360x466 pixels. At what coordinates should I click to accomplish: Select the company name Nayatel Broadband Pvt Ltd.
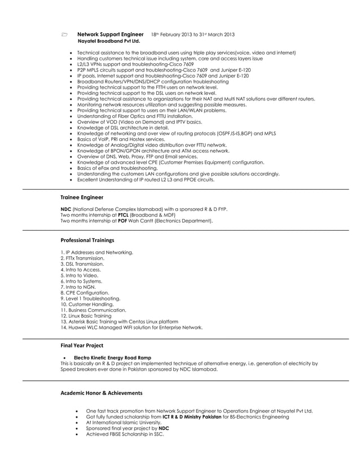click(x=108, y=42)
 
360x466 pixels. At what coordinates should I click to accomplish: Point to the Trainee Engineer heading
click(x=82, y=197)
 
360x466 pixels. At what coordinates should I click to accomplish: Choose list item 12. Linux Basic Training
click(x=86, y=316)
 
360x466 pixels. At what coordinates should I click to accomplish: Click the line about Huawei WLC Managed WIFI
click(x=131, y=327)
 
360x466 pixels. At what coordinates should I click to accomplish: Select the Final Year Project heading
click(x=82, y=345)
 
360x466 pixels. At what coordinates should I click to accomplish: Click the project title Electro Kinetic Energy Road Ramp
click(x=112, y=358)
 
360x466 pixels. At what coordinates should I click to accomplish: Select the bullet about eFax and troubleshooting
click(x=117, y=168)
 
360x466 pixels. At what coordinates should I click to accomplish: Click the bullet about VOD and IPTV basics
click(x=139, y=122)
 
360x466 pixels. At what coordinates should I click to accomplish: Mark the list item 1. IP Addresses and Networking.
click(x=96, y=252)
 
